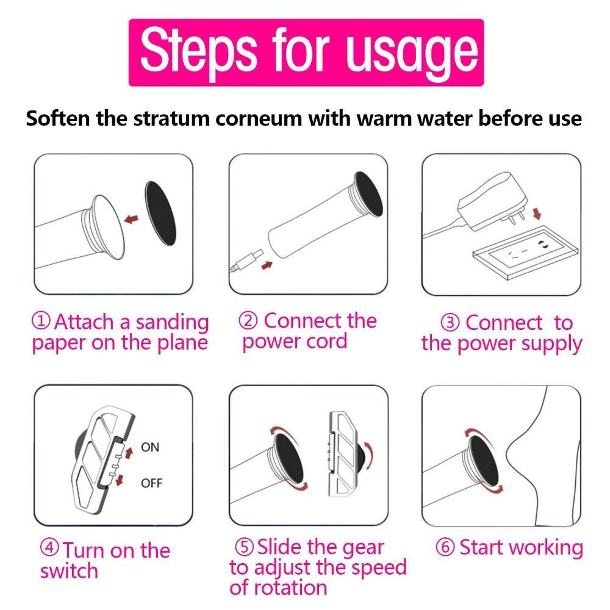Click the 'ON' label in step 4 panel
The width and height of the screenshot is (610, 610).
click(149, 447)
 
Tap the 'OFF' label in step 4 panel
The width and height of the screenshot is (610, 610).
click(151, 483)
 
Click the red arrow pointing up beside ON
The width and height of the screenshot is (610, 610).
click(129, 451)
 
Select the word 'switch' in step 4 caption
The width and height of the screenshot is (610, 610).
click(69, 572)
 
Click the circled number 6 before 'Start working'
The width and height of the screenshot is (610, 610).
click(445, 548)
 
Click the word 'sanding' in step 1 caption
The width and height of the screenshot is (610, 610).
click(172, 321)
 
